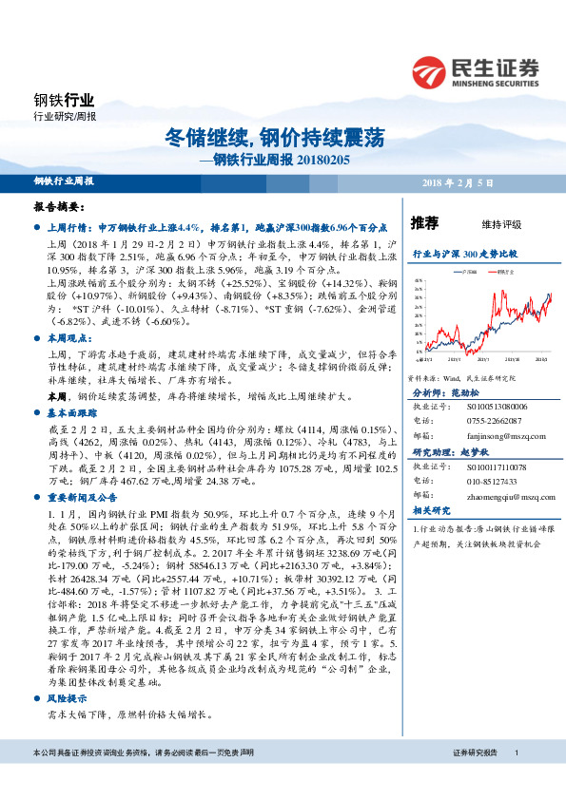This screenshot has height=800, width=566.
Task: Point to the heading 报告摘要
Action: point(59,206)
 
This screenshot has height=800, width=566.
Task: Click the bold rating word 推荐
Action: point(424,224)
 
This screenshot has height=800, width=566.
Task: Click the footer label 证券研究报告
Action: point(475,779)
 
